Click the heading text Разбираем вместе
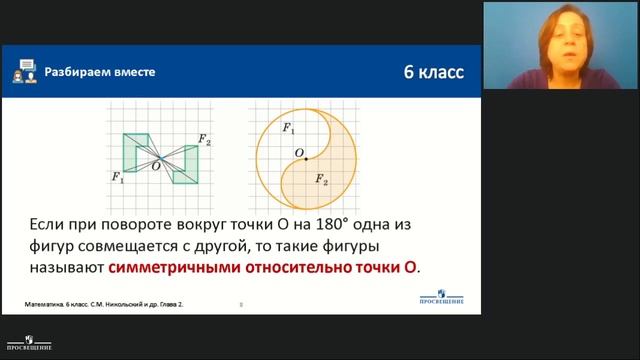tap(98, 72)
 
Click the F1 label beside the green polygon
tap(117, 178)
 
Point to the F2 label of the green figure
tap(204, 140)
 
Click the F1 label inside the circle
tap(288, 129)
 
